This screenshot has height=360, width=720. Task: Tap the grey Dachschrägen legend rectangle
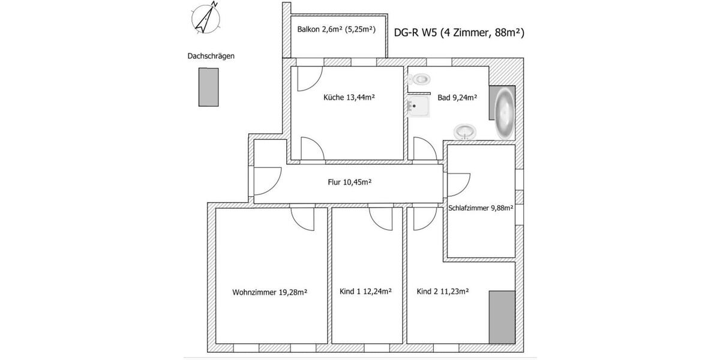click(208, 87)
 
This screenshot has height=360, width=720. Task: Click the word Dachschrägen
click(211, 56)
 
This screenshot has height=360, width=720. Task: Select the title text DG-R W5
click(415, 34)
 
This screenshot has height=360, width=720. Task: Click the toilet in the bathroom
click(421, 79)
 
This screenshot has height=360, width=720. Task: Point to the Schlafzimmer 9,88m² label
click(480, 208)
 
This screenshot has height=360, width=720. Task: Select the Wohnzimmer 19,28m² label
click(269, 292)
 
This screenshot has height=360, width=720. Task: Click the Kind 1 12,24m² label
click(365, 292)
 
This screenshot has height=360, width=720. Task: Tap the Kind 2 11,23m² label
click(442, 292)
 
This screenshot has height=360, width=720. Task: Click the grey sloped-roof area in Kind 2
click(502, 317)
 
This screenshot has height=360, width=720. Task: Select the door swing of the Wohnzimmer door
click(301, 219)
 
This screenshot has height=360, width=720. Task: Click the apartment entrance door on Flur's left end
click(266, 180)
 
